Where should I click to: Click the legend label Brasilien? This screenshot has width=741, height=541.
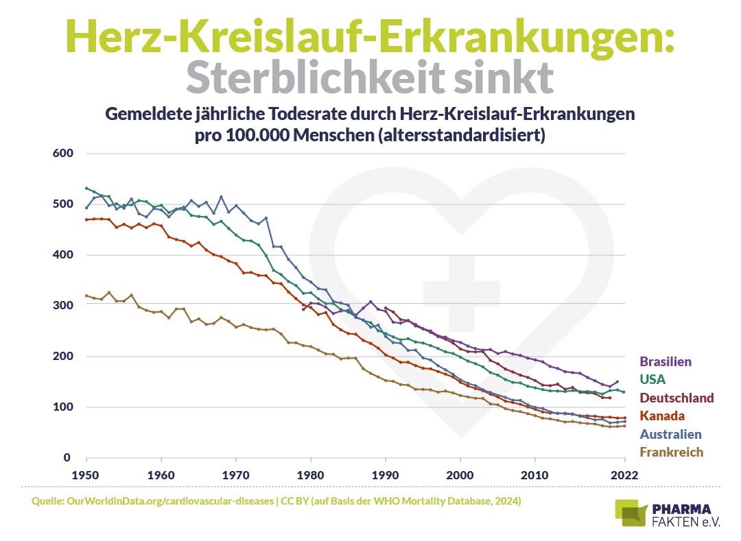(x=666, y=361)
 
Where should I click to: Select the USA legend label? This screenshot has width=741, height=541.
(x=652, y=379)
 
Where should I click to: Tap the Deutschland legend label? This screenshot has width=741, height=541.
(x=677, y=398)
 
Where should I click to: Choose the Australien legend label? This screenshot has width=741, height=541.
(x=670, y=434)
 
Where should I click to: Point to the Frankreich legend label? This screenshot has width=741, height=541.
(x=672, y=452)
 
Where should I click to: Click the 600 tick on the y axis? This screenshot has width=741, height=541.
(x=62, y=153)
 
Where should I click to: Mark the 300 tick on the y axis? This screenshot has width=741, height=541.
(x=62, y=306)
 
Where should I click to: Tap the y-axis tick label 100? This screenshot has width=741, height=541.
(x=62, y=407)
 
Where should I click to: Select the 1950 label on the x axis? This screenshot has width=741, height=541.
(x=86, y=474)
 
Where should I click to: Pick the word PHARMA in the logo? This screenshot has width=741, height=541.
(x=682, y=509)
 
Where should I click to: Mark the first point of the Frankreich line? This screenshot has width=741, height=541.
(x=86, y=296)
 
